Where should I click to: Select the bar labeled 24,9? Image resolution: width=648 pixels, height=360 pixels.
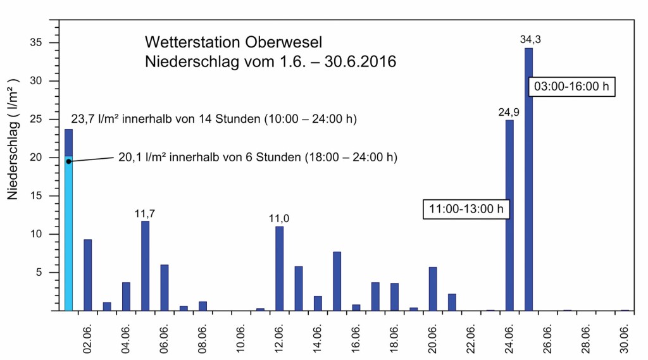pos(509,215)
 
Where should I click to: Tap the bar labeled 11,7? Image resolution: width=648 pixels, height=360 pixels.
pos(145,266)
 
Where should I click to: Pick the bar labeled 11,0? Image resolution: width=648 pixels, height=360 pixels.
pos(279,268)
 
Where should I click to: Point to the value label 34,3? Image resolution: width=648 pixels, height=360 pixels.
pos(530,40)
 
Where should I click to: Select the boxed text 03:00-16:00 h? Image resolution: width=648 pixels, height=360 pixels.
pos(571,87)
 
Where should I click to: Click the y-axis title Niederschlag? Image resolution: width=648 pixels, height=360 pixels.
pos(14,139)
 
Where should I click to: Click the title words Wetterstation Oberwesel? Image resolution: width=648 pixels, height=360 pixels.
pos(234,43)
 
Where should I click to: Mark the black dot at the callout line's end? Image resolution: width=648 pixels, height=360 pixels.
pos(69,161)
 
